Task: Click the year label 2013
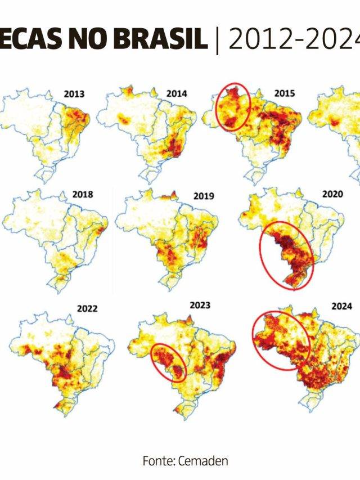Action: coord(74,95)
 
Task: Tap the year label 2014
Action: coord(177,93)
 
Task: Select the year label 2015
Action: coord(284,93)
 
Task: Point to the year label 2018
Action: coord(82,195)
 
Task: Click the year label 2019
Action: coord(204,196)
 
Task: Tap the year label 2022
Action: coord(87,308)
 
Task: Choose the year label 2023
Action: coord(200,305)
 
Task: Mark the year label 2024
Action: coord(341,306)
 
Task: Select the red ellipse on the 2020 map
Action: coord(286,256)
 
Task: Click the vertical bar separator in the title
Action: coord(217,39)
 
